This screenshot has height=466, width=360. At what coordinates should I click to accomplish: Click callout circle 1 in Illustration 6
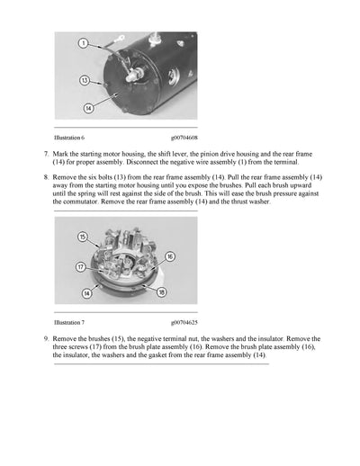pos(83,43)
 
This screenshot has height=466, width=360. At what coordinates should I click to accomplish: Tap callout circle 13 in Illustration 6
pos(84,80)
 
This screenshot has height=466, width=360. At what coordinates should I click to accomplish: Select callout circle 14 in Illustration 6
pos(89,110)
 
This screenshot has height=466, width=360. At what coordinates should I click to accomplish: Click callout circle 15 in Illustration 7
pos(82,237)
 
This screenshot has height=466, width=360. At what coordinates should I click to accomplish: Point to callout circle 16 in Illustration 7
pos(170,256)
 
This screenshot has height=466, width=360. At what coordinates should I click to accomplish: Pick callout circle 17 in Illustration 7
pos(80,266)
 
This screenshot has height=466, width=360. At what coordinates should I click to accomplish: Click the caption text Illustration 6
pos(69,139)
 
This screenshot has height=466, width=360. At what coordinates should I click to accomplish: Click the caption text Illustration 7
pos(69,321)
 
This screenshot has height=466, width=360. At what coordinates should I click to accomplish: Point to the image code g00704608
pos(184,139)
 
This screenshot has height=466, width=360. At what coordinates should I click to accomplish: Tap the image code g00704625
pos(184,321)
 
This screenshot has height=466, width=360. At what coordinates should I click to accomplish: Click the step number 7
pos(45,155)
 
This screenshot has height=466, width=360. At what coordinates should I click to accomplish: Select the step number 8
pos(45,178)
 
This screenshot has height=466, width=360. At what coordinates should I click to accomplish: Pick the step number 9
pos(45,339)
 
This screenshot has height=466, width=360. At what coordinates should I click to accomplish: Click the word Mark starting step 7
pos(60,155)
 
